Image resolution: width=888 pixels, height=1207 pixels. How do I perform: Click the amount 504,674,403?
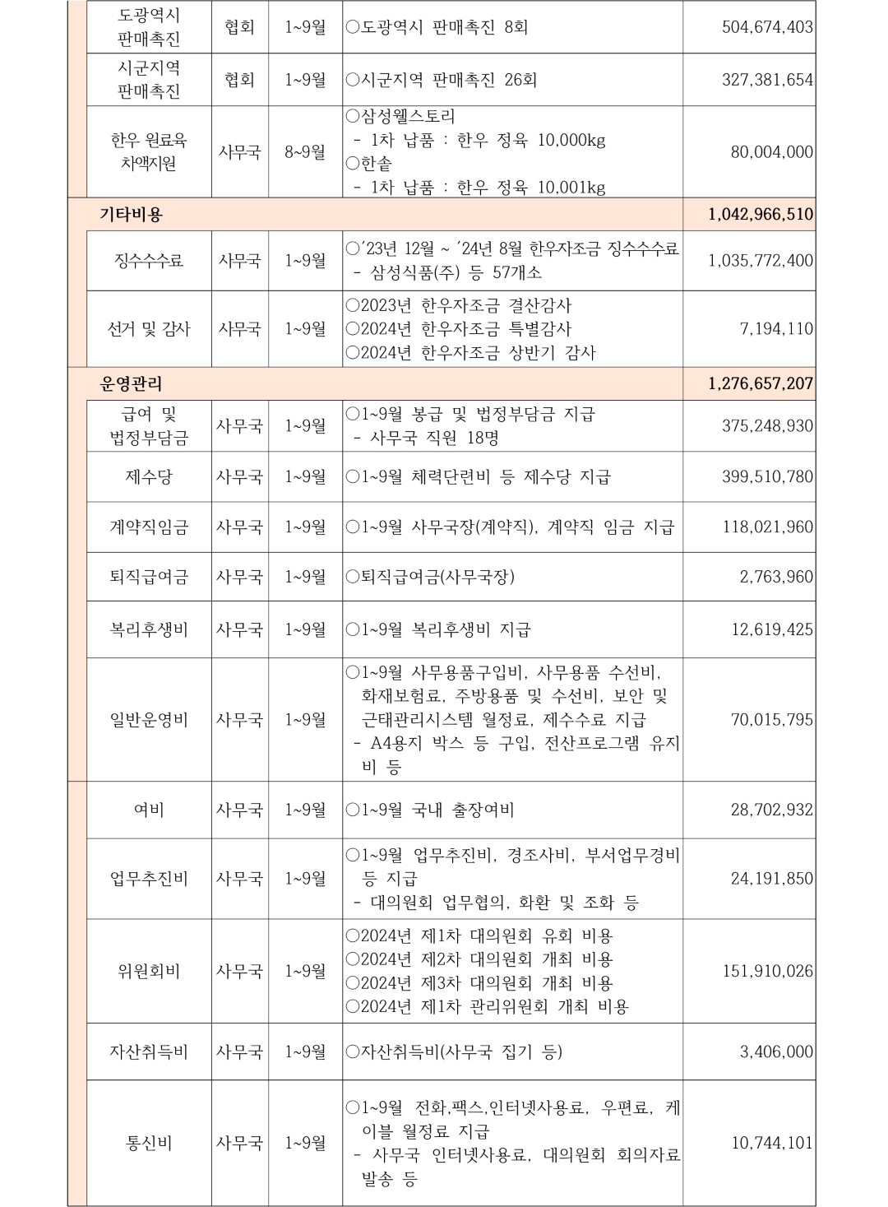tap(767, 27)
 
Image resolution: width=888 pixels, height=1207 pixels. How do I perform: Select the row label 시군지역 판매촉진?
tap(149, 80)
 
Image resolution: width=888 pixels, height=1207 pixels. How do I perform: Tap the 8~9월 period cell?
tap(305, 152)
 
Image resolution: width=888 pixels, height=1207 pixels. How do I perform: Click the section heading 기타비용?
tap(132, 215)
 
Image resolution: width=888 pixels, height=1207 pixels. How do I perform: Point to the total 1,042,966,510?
tap(760, 215)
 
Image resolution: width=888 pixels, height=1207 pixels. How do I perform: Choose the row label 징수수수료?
tap(149, 261)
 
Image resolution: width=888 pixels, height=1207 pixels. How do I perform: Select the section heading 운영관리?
tap(132, 383)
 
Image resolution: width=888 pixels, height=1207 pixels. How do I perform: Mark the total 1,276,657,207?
tap(760, 383)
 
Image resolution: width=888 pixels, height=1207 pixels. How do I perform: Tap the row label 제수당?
tap(149, 477)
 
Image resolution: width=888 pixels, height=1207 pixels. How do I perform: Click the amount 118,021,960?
tap(767, 527)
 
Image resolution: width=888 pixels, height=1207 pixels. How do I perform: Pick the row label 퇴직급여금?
tap(149, 577)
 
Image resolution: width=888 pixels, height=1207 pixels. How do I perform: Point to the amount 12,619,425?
tap(772, 629)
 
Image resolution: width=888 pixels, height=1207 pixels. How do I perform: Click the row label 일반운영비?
tap(149, 720)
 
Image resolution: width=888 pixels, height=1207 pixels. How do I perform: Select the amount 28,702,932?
tap(772, 810)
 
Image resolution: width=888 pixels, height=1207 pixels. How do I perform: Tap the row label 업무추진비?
tap(149, 879)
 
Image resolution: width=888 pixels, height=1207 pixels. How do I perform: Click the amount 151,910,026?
tap(767, 972)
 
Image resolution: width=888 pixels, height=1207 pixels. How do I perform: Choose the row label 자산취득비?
tap(149, 1051)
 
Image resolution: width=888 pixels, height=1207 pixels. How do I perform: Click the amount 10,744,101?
tap(772, 1143)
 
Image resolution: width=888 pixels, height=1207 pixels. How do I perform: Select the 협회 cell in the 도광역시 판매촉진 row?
tap(239, 27)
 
